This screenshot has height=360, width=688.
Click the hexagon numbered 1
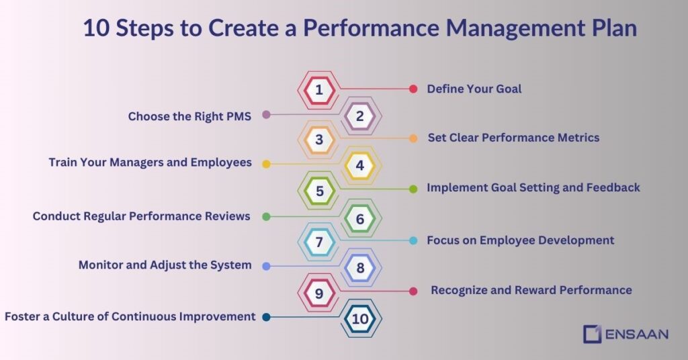coord(319,89)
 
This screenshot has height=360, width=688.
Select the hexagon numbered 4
coord(360,166)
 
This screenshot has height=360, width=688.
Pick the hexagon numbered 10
coord(360,319)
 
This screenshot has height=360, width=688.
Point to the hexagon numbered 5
coord(319,191)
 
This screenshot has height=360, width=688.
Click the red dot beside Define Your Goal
coord(413,89)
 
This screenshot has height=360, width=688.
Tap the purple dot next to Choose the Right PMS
coord(266,115)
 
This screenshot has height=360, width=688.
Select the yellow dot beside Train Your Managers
coord(266,163)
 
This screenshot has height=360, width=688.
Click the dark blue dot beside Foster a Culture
coord(266,317)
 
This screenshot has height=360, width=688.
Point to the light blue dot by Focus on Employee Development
coord(413,240)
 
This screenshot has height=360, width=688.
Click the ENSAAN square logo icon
coord(592,333)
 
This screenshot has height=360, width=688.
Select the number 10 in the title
coord(96,29)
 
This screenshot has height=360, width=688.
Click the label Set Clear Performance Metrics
coord(513,138)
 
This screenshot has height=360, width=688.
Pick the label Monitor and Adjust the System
coord(165,265)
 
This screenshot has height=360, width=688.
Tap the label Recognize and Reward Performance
coord(531,290)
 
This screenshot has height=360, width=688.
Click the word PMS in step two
coord(238,116)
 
